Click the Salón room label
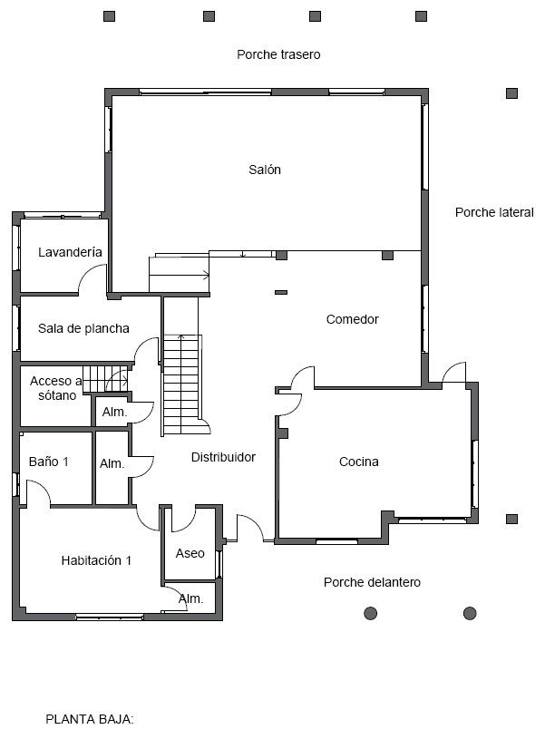pyautogui.click(x=265, y=170)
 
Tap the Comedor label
pyautogui.click(x=352, y=319)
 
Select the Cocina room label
pyautogui.click(x=359, y=462)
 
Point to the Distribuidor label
pyautogui.click(x=223, y=457)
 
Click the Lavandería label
pyautogui.click(x=70, y=252)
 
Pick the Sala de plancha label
pyautogui.click(x=83, y=328)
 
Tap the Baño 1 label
pyautogui.click(x=49, y=462)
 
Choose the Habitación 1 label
pyautogui.click(x=96, y=560)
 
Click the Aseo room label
pyautogui.click(x=190, y=553)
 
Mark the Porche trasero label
pyautogui.click(x=278, y=54)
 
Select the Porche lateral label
pyautogui.click(x=494, y=212)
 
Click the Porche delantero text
pyautogui.click(x=372, y=582)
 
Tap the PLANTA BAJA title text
pyautogui.click(x=90, y=719)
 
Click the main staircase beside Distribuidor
pyautogui.click(x=182, y=384)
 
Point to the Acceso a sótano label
pyautogui.click(x=56, y=388)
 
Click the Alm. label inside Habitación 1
pyautogui.click(x=191, y=599)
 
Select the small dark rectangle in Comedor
pyautogui.click(x=281, y=293)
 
